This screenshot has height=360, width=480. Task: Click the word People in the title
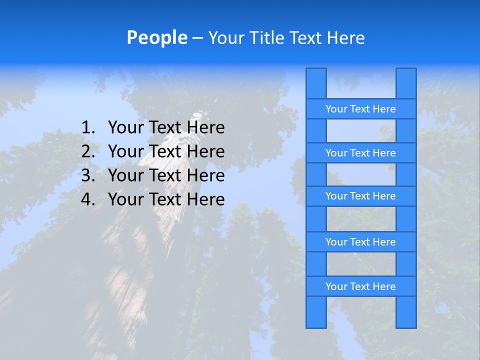(x=156, y=37)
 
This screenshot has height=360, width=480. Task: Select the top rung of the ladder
(x=360, y=109)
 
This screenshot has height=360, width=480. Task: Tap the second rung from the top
(x=360, y=153)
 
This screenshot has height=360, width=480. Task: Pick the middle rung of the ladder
(x=360, y=196)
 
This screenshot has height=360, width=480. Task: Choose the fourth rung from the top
(x=360, y=242)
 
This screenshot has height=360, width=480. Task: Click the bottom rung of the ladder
(x=360, y=286)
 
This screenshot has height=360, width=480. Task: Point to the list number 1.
(x=87, y=127)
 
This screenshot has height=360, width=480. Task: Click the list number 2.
(x=87, y=151)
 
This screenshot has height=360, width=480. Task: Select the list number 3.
(x=87, y=175)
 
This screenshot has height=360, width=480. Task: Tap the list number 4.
(x=87, y=199)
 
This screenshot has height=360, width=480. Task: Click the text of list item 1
(x=166, y=127)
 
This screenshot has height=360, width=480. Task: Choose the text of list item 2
(x=166, y=151)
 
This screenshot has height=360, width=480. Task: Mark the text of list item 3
(x=166, y=175)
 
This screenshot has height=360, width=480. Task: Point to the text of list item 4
(x=166, y=199)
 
